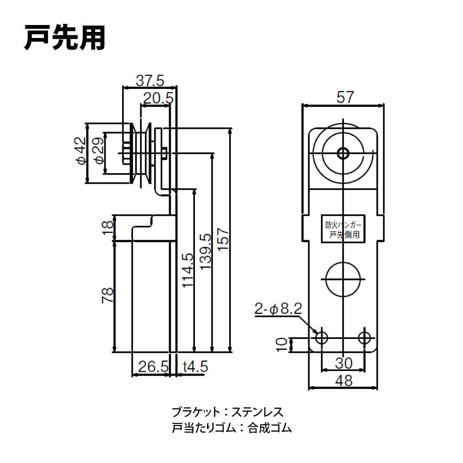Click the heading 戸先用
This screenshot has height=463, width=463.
pos(65,38)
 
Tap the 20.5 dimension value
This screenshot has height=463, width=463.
pos(157,98)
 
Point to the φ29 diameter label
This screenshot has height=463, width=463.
pos(98,153)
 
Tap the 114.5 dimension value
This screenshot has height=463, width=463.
pos(187,270)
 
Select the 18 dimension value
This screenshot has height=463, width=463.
pos(107,227)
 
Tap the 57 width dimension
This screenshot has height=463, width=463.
pos(345,97)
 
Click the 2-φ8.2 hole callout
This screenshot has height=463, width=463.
pos(278,308)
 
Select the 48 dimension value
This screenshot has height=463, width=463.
pos(343,381)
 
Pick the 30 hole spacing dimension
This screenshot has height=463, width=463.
pos(343,363)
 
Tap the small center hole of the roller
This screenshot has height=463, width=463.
pos(343,153)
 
